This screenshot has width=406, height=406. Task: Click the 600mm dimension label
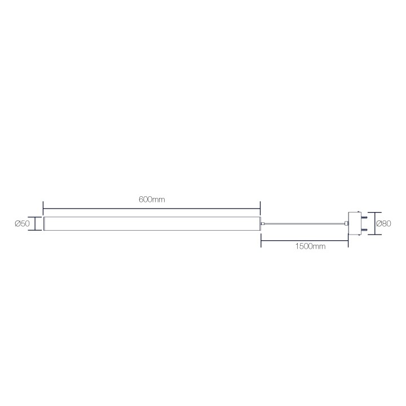pos(152,200)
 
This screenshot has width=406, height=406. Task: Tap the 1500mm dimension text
pos(310,247)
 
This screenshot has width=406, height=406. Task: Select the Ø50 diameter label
pos(22,224)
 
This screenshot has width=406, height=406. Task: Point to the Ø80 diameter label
pos(383,223)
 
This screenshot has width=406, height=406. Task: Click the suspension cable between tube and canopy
pos(304,224)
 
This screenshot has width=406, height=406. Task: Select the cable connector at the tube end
pos(263,224)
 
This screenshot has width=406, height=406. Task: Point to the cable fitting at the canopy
pos(346,224)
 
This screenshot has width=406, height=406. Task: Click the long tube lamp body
pos(152,224)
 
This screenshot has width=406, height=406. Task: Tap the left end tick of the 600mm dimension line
pos(43,209)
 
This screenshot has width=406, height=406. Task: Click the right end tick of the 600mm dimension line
pos(260,209)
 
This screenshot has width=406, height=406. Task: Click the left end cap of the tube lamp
pos(45,224)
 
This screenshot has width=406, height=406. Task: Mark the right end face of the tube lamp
pos(259,224)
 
